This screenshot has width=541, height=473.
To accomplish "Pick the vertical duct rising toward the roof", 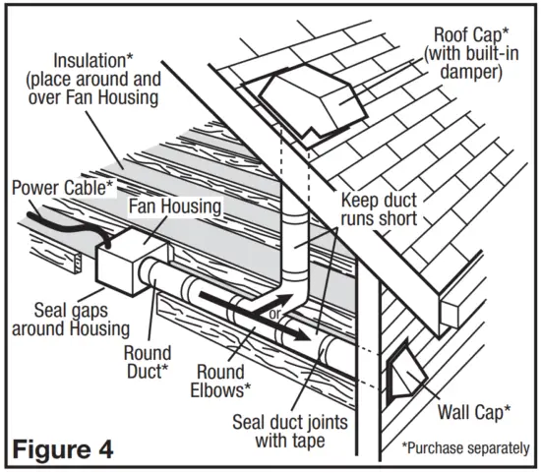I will [x=296, y=246].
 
